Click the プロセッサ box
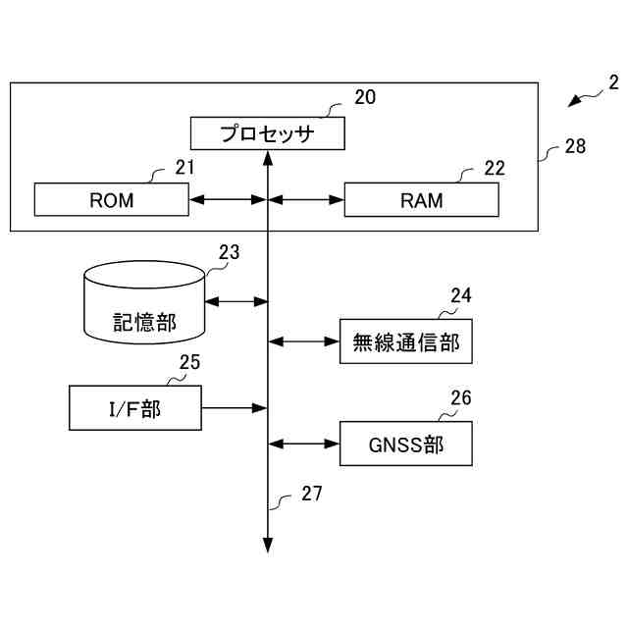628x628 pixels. point(268,133)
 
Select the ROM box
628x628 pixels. point(111,199)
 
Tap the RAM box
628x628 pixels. point(421,199)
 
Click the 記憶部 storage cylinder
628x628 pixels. point(144,302)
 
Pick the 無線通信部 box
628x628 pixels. point(405,341)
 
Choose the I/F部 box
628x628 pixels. point(135,408)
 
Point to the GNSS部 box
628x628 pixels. point(405,444)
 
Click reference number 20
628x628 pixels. point(365,97)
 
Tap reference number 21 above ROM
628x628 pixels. point(184,168)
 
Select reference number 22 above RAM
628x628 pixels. point(495,168)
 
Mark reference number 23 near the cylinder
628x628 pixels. point(229,252)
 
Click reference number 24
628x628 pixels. point(461,295)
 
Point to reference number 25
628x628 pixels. point(189,362)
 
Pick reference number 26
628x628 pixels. point(461,397)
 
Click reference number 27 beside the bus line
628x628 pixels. point(312,494)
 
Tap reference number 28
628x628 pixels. point(575,146)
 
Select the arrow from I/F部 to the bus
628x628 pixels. point(235,408)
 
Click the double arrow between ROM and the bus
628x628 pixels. point(229,199)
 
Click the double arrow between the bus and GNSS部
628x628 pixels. point(303,444)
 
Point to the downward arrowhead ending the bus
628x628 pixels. point(268,546)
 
